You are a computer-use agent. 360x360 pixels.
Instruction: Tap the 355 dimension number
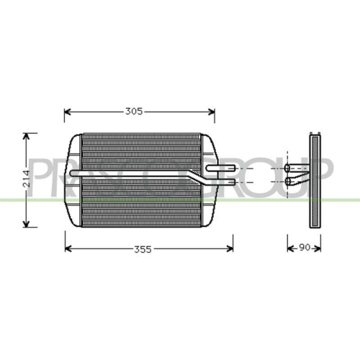coord(143,249)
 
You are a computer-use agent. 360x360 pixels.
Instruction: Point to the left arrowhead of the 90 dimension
coord(290,249)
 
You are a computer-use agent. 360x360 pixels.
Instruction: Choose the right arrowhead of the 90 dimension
coord(320,249)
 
